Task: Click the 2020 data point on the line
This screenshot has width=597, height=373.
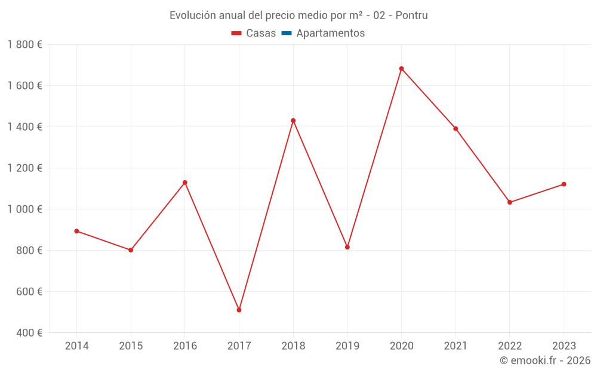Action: coord(401,69)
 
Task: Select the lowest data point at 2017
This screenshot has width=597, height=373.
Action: coord(239,310)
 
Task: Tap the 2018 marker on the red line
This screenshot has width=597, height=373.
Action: coord(293,121)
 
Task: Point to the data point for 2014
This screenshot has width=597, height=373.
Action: coord(76,231)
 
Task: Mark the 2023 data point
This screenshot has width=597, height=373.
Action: coord(564,184)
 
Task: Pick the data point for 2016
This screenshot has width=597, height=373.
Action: coord(185,183)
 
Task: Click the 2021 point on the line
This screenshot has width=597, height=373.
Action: coord(456,129)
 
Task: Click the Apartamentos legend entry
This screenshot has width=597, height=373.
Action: coord(330,33)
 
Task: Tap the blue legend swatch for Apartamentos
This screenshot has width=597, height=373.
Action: coord(286,33)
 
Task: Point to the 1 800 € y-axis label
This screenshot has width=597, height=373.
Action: coord(24,45)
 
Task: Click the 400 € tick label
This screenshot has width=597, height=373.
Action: coord(30,333)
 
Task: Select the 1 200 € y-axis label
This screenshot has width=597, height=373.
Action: coord(24,168)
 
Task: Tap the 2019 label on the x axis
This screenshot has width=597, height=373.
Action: coord(347,346)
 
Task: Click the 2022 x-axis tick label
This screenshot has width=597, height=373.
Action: coord(509,346)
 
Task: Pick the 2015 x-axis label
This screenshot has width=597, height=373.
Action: coord(131,346)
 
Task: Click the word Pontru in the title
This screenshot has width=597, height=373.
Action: coord(412,16)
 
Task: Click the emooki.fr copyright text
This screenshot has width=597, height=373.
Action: coord(545,360)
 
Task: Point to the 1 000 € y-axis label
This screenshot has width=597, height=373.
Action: coord(24,209)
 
